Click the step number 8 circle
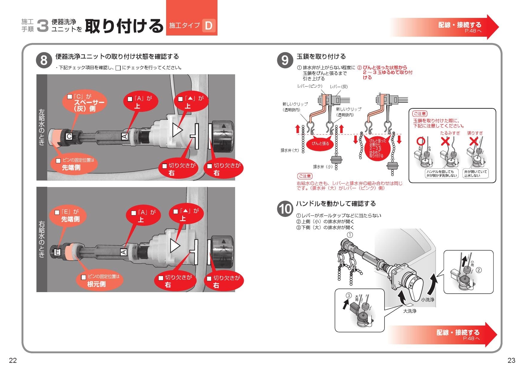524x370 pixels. point(44,60)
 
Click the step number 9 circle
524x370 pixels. point(285,60)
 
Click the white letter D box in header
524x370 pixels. point(209,25)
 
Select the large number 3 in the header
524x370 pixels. point(43,26)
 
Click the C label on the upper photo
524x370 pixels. point(69,136)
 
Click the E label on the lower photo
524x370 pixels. point(57,252)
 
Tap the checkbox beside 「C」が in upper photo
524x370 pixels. point(70,97)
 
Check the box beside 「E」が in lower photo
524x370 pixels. point(57,212)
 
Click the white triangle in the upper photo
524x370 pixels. point(177,130)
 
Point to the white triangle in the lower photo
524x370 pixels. point(175,246)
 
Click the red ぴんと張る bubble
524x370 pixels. point(320,144)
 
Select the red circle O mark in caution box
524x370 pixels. point(421,141)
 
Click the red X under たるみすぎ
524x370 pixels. point(445,141)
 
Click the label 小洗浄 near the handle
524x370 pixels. point(428,300)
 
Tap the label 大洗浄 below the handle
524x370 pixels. point(410,311)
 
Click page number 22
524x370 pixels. point(13,360)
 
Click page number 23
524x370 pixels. point(511,360)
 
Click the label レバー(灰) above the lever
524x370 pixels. point(339,87)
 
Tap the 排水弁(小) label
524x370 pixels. point(323,166)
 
